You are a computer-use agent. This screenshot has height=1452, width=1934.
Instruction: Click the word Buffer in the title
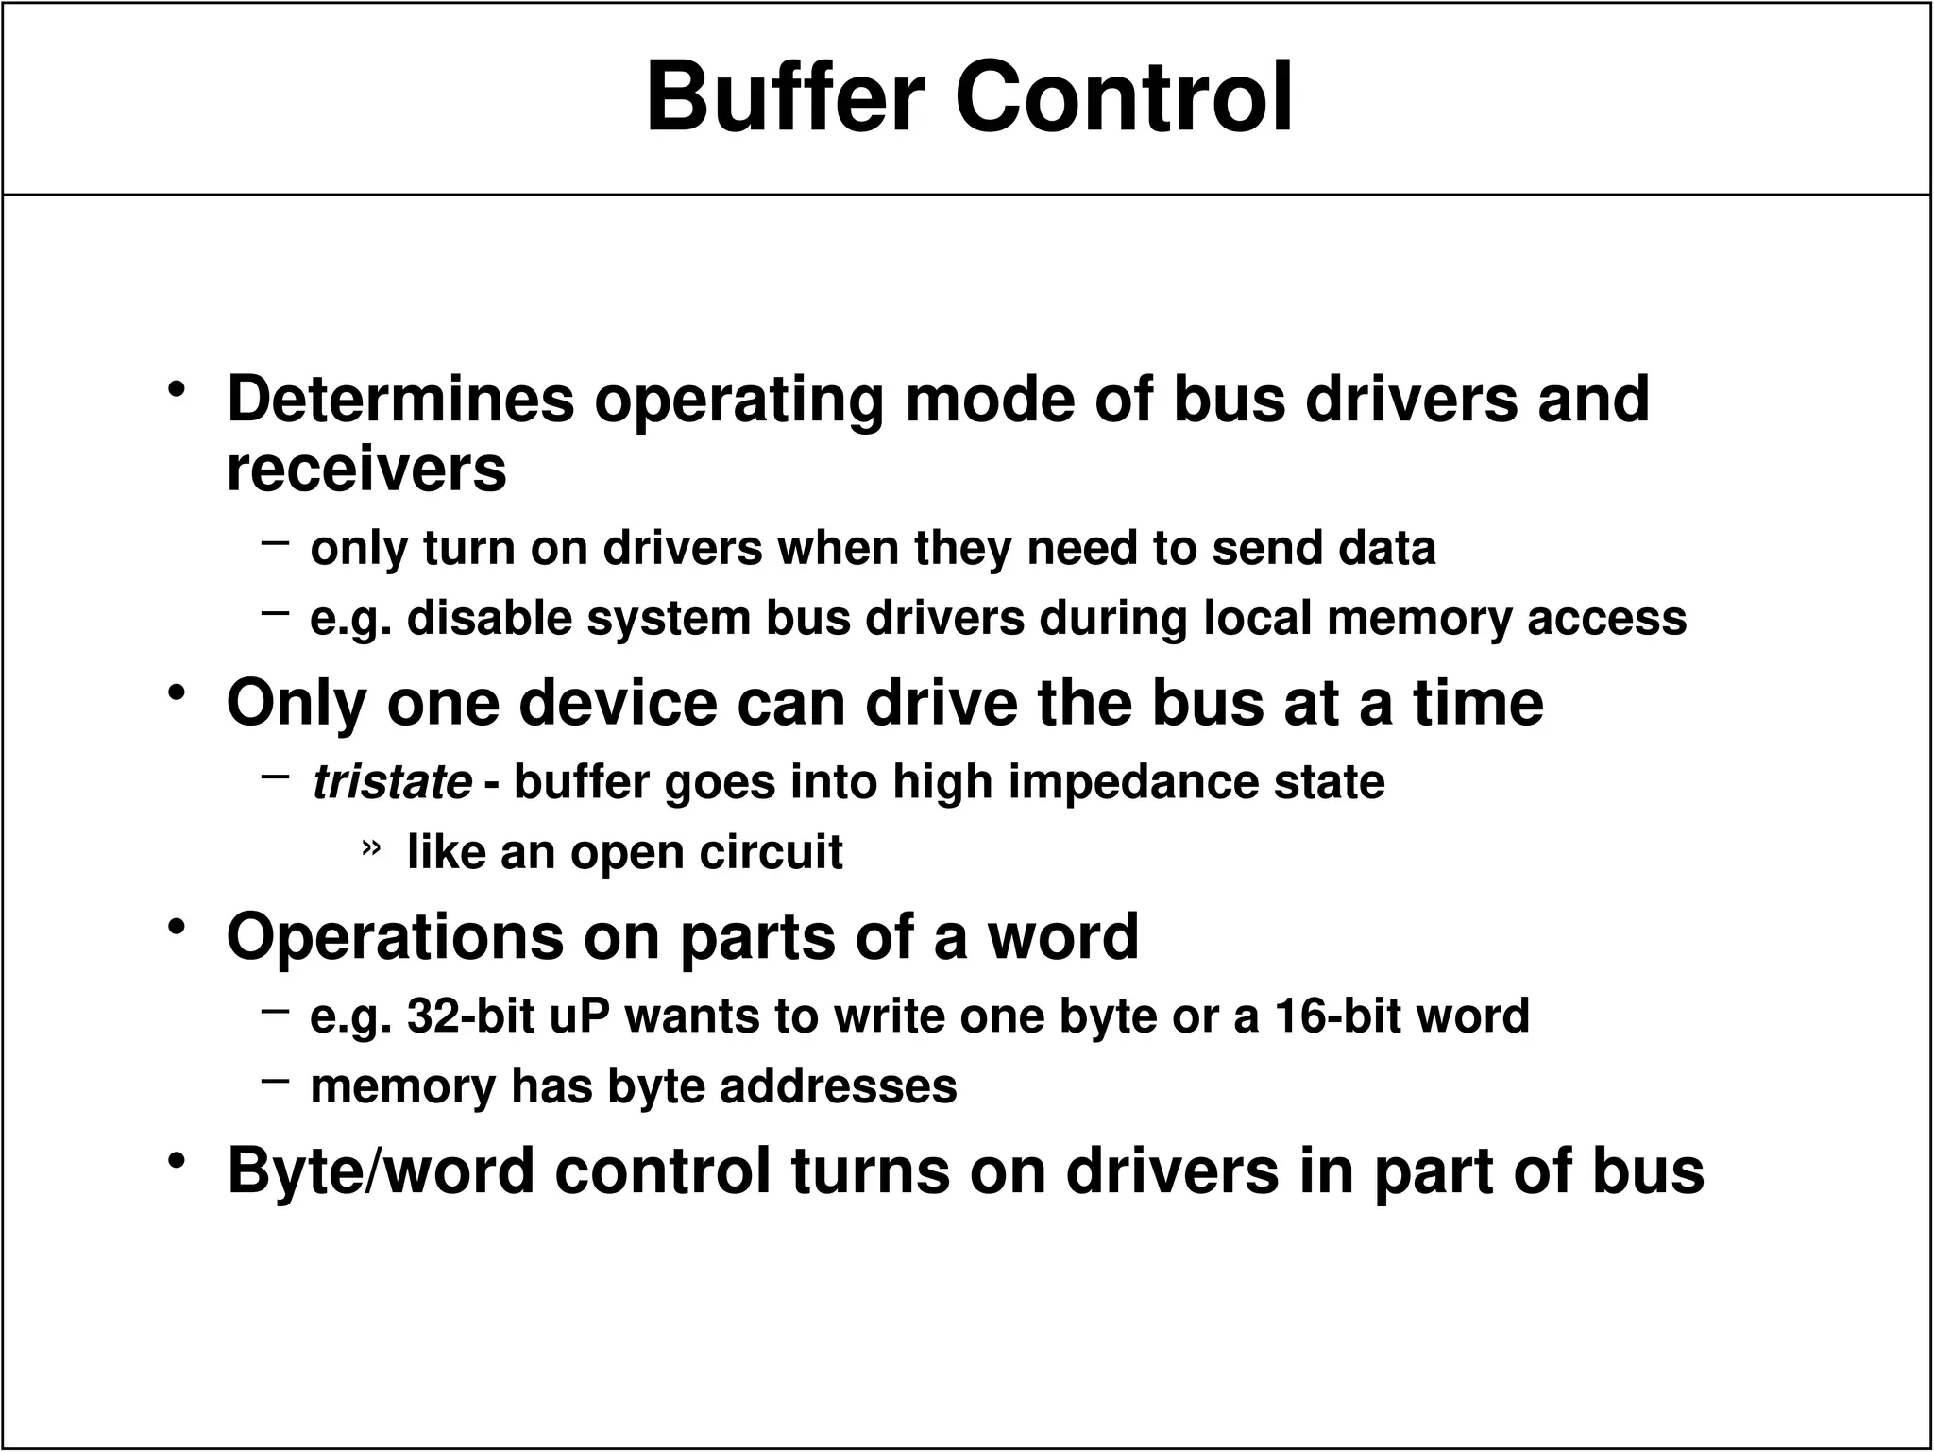(x=784, y=99)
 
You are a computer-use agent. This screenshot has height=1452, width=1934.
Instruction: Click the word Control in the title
(x=1124, y=99)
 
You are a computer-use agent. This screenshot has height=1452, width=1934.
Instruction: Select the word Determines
(x=400, y=400)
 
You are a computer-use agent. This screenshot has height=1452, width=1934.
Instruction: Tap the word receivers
(x=366, y=470)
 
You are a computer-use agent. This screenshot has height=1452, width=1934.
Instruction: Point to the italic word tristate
(x=392, y=782)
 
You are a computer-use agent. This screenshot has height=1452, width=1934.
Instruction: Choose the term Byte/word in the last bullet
(x=382, y=1171)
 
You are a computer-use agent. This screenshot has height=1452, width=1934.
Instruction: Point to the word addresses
(x=839, y=1086)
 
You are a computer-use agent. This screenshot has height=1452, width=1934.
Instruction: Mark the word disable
(x=489, y=619)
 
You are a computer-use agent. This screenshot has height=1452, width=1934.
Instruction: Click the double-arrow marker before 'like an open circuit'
(x=371, y=847)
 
